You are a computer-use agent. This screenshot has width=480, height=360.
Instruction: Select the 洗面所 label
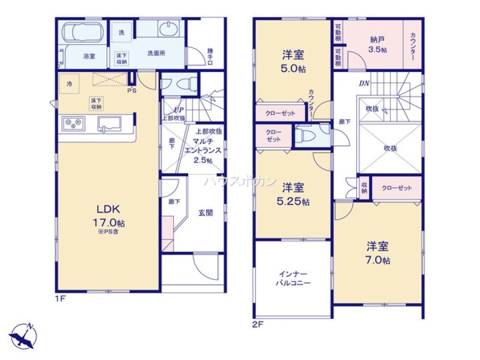tap(156, 53)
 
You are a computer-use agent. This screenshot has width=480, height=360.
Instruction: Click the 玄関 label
tap(205, 213)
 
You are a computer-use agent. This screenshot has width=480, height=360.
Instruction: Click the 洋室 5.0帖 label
tap(293, 61)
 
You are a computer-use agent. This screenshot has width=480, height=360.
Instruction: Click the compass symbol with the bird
tap(23, 332)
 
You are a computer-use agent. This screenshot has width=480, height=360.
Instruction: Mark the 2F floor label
tap(257, 324)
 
